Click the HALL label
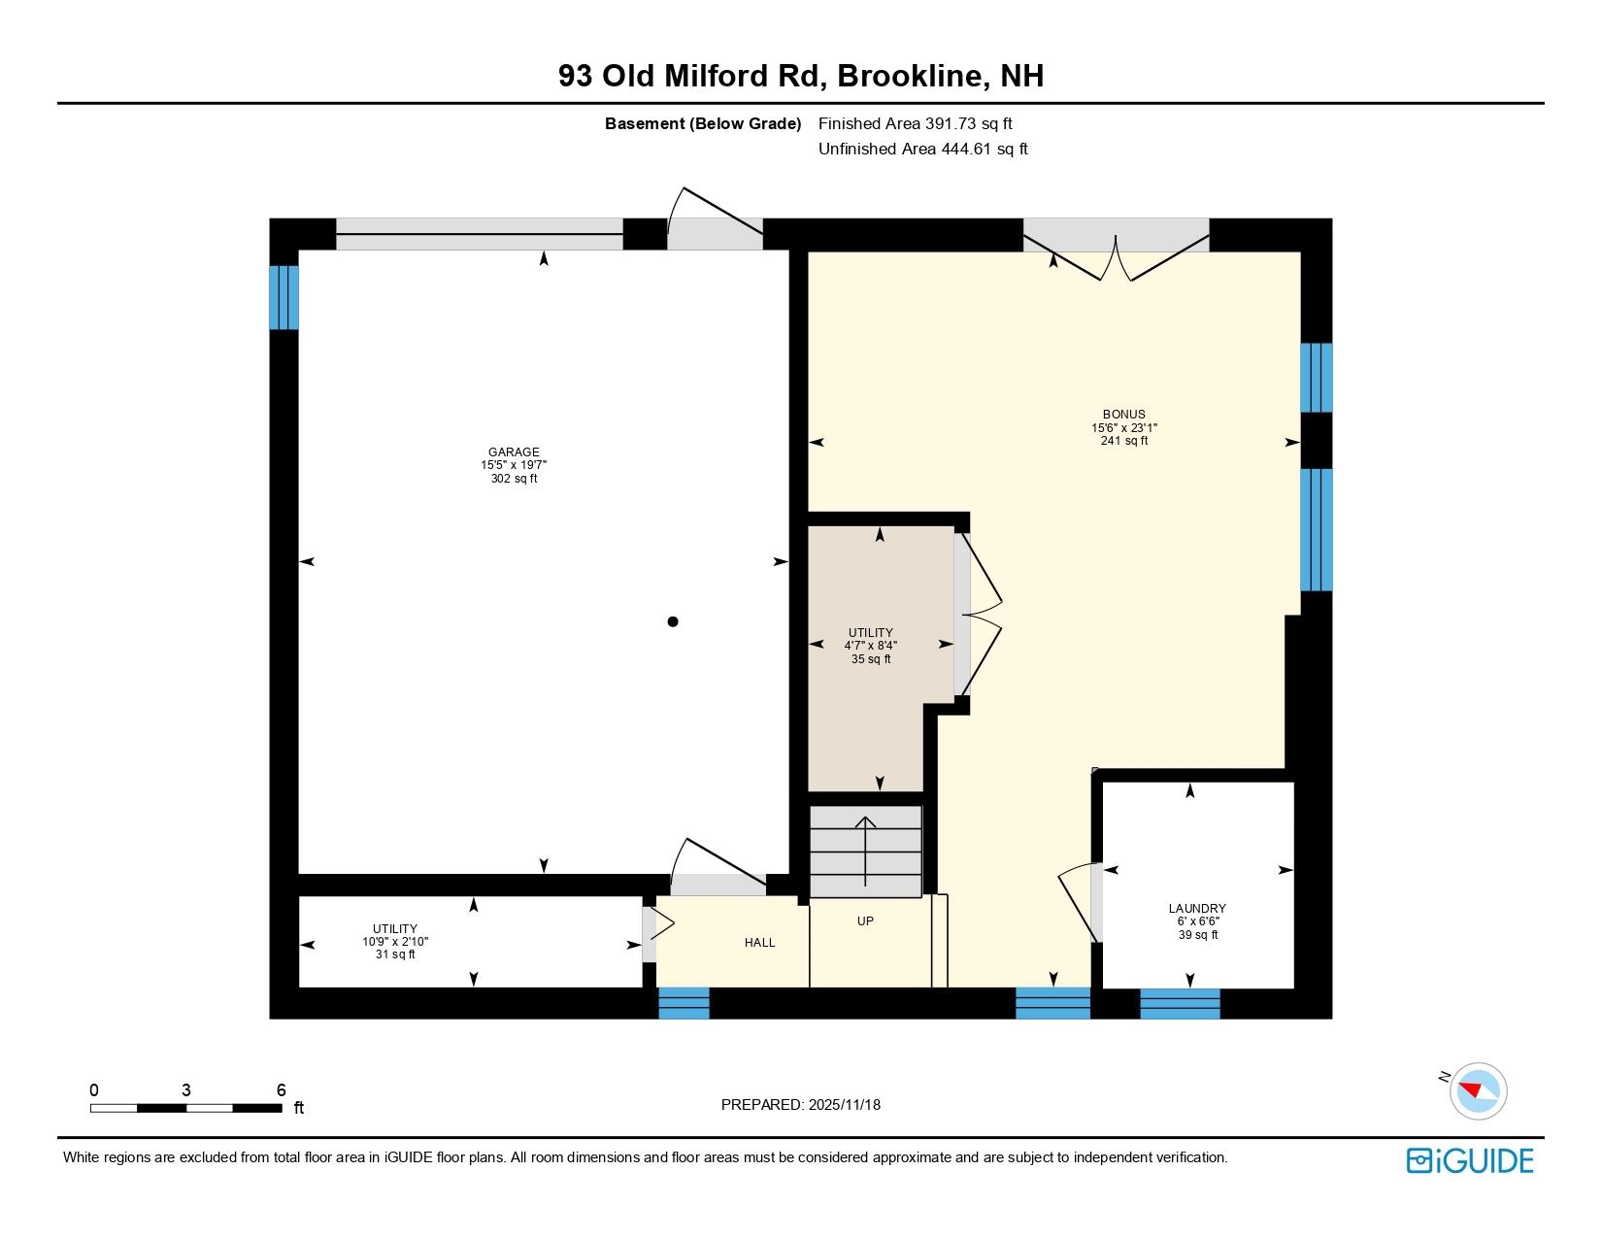click(759, 942)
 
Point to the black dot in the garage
click(673, 621)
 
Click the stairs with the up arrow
click(865, 852)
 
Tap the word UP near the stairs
click(865, 920)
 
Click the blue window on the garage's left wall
click(284, 297)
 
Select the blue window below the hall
click(684, 1003)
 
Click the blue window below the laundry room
click(1180, 1003)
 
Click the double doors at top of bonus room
click(1117, 254)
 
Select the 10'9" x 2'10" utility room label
click(395, 942)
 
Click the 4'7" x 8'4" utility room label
click(870, 646)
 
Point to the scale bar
click(185, 1108)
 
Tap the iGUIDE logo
click(1470, 1160)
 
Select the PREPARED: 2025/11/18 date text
click(801, 1105)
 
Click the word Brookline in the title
click(909, 76)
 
